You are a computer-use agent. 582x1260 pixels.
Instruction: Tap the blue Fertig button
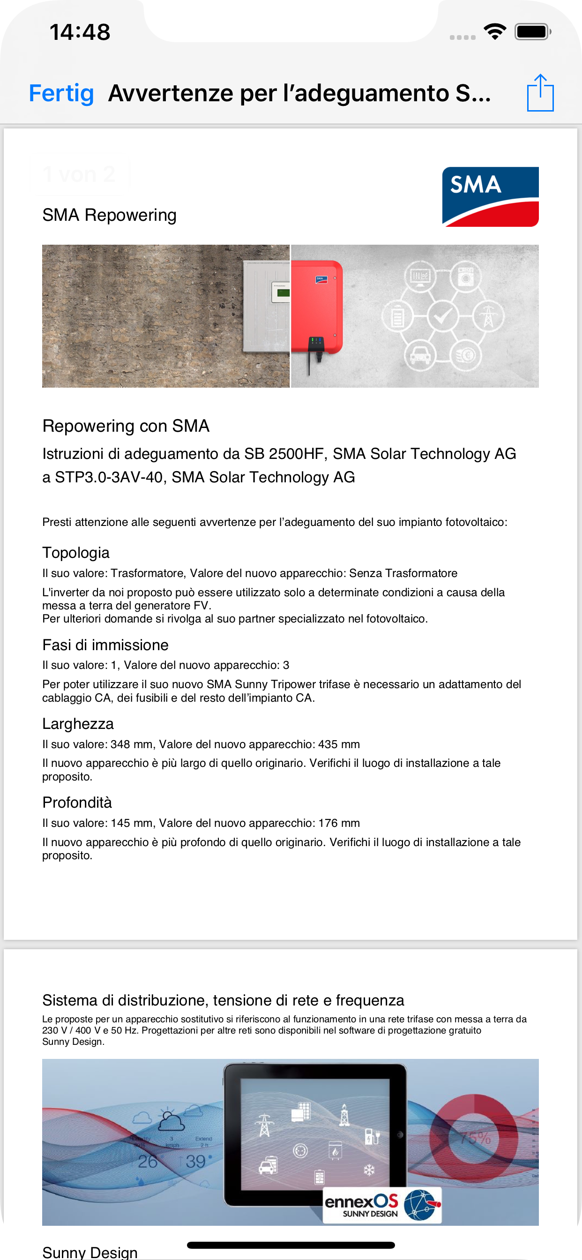(61, 93)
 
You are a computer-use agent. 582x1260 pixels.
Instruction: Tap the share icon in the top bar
(540, 93)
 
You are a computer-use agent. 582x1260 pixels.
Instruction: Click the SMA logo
(490, 196)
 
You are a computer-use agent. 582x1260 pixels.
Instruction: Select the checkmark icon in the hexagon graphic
(443, 316)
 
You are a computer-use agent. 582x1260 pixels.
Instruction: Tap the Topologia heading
(76, 553)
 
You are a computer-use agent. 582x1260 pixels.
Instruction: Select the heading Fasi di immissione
(105, 645)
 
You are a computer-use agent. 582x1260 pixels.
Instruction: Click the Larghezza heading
(78, 724)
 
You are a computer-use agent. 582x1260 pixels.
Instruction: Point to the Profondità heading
(77, 802)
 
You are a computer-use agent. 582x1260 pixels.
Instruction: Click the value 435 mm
(339, 744)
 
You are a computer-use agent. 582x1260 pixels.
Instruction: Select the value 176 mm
(339, 823)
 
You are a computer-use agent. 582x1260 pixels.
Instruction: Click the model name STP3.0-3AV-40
(108, 477)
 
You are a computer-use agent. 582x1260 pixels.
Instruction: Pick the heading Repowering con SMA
(126, 426)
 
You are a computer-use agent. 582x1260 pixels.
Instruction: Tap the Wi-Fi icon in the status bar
(494, 32)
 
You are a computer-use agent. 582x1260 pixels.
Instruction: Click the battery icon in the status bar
(532, 32)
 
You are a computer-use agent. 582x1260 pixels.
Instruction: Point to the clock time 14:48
(80, 32)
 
